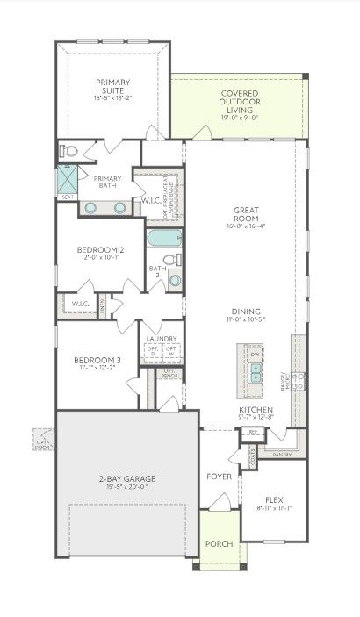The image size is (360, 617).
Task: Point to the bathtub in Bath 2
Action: pos(165,240)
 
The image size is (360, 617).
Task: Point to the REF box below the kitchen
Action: pos(254,432)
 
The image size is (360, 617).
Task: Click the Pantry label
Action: pos(282,455)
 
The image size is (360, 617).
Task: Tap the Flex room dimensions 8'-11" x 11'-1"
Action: pos(273,506)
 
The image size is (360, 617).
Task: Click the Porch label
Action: pos(218,544)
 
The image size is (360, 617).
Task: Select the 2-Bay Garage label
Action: pos(126,478)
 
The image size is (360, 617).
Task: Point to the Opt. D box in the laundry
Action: pos(152,351)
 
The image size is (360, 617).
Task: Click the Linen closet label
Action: pos(104,304)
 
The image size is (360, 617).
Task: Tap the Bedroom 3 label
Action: pos(97,360)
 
